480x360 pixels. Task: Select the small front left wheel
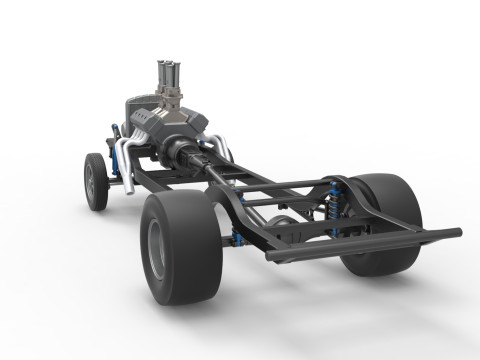point(96,181)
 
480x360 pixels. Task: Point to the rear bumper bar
point(360,245)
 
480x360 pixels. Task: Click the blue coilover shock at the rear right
point(335,204)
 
